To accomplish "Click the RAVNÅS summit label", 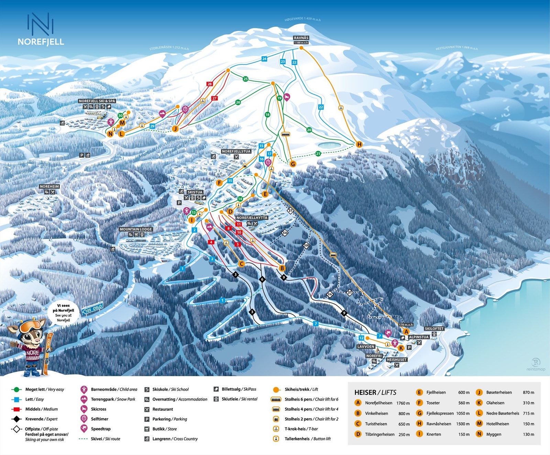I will pyautogui.click(x=301, y=38).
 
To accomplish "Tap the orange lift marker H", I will pyautogui.click(x=359, y=144).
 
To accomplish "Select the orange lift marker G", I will pyautogui.click(x=293, y=164).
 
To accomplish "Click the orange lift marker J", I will pyautogui.click(x=175, y=129).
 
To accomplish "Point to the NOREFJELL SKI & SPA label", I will pyautogui.click(x=97, y=101).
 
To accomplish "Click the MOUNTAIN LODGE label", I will pyautogui.click(x=136, y=229).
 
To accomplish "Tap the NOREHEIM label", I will pyautogui.click(x=49, y=186).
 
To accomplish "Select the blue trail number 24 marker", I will pyautogui.click(x=264, y=59).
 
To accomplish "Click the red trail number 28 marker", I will pyautogui.click(x=209, y=84).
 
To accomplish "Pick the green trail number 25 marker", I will pyautogui.click(x=245, y=79).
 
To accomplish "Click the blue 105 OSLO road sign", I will pyautogui.click(x=93, y=308).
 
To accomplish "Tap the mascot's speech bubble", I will pyautogui.click(x=63, y=312).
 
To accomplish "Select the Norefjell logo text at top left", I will pyautogui.click(x=41, y=42).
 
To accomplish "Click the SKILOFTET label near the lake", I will pyautogui.click(x=434, y=329).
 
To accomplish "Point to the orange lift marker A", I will pyautogui.click(x=406, y=332).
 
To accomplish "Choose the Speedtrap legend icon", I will pyautogui.click(x=84, y=429).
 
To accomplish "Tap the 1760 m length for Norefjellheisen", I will pyautogui.click(x=403, y=403).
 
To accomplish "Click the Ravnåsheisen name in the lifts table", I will pyautogui.click(x=439, y=424).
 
